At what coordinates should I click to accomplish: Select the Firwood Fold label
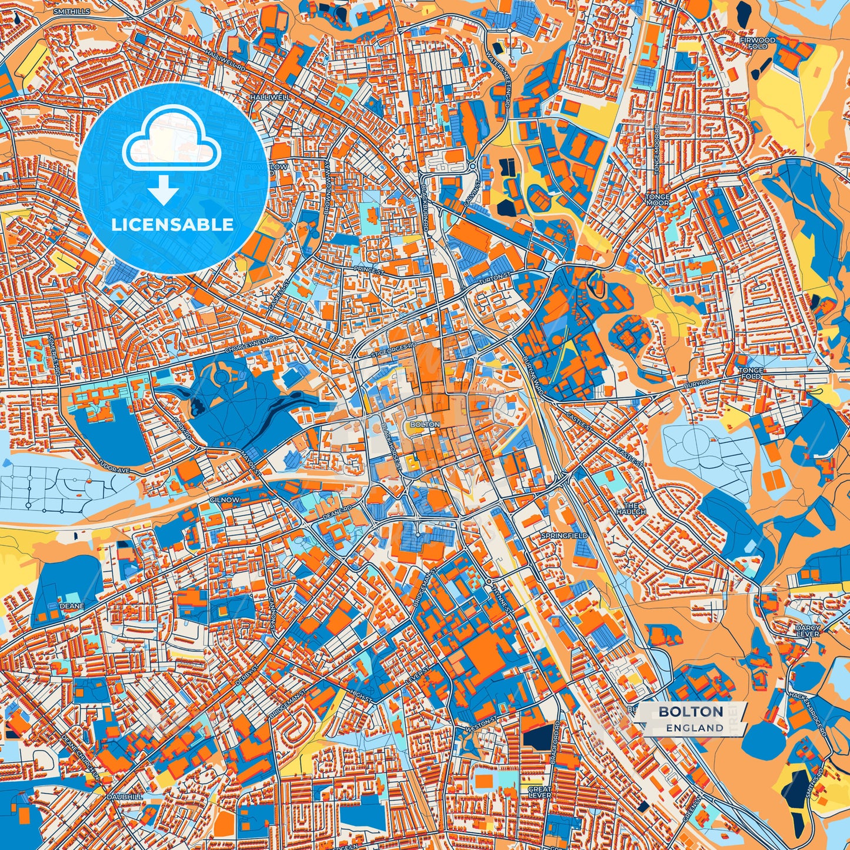point(758,43)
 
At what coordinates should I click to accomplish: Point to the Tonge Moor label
point(657,200)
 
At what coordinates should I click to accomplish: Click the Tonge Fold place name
point(750,373)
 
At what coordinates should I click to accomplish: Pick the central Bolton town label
point(425,424)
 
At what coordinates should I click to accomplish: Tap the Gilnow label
point(224,499)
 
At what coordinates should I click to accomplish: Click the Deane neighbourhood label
point(71,605)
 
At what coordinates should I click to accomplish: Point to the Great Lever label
point(539,792)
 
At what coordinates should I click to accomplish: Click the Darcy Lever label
point(808,631)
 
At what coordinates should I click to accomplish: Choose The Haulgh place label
point(631,509)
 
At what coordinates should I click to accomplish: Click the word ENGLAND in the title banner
point(695,728)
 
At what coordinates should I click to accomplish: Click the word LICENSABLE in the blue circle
point(172,225)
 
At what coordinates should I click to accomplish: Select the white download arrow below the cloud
point(164,190)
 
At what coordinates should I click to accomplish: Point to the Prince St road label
point(369,270)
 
